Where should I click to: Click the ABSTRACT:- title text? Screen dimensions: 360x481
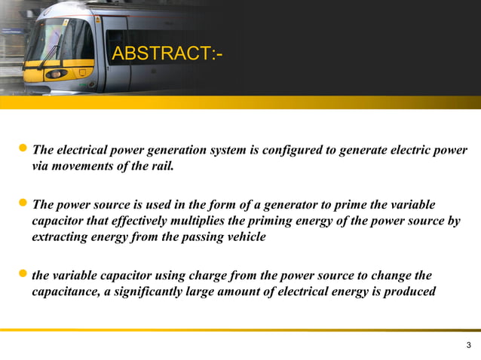pyautogui.click(x=167, y=54)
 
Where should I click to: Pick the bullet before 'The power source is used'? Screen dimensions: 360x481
pyautogui.click(x=24, y=205)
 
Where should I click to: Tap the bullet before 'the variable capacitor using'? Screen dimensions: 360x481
pyautogui.click(x=24, y=275)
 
